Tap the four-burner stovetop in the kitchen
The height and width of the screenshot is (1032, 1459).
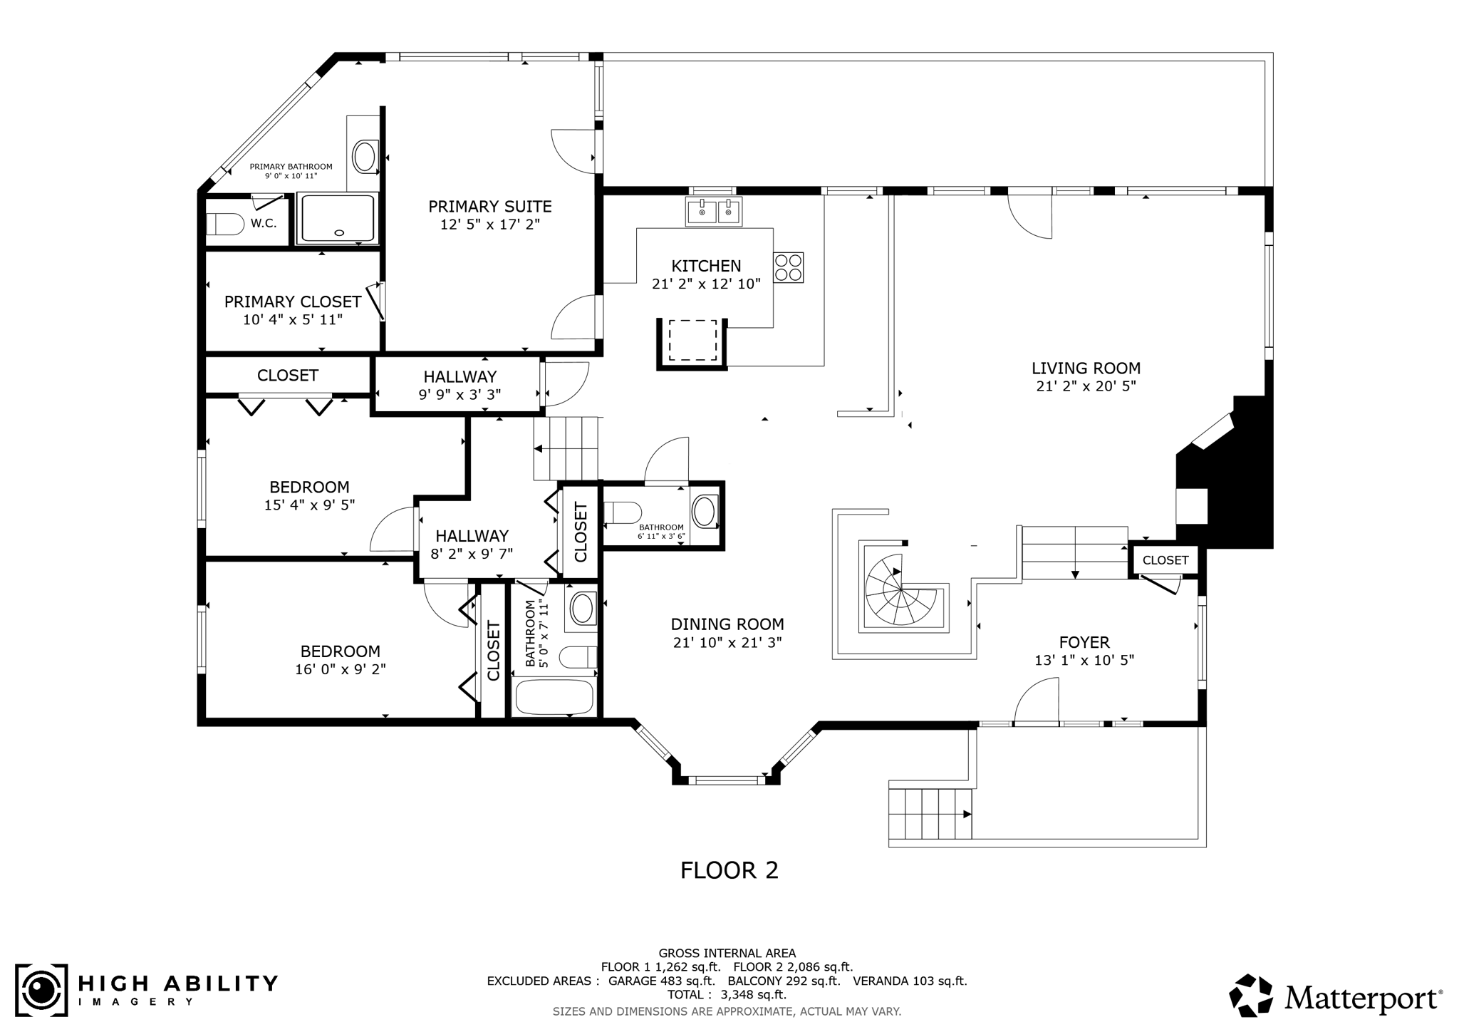(x=789, y=267)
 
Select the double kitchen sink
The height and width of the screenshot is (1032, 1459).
(x=714, y=212)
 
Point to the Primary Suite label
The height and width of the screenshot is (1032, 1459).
(x=490, y=207)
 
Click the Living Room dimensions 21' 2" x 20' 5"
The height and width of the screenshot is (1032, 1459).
(x=1086, y=386)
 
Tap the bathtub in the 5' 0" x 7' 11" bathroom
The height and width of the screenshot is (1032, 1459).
(x=554, y=696)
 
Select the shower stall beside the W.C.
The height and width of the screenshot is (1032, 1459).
(x=337, y=218)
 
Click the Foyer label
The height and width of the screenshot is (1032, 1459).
(x=1084, y=642)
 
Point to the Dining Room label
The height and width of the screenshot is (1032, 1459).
(x=727, y=624)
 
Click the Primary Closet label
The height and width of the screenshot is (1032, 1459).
(x=293, y=301)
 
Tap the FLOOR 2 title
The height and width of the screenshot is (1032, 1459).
(x=729, y=870)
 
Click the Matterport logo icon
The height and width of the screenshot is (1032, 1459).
(x=1252, y=996)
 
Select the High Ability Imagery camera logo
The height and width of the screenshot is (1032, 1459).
(x=42, y=991)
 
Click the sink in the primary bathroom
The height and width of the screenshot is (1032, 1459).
(x=365, y=156)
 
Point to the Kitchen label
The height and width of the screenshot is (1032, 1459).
(x=706, y=266)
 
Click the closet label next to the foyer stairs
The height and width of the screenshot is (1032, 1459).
(x=1165, y=560)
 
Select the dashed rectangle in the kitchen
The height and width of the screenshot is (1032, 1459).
(x=692, y=341)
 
